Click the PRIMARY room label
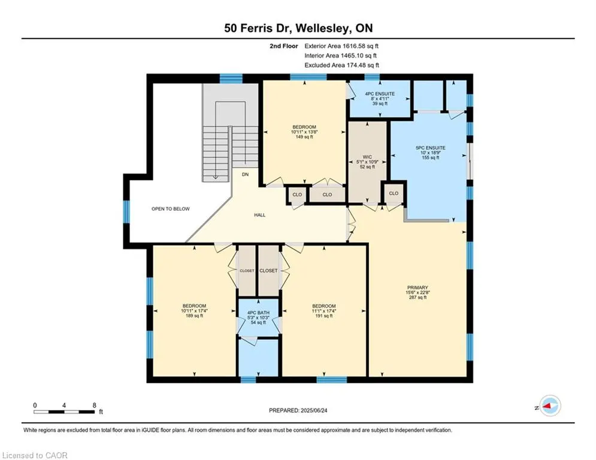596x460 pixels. click(x=417, y=287)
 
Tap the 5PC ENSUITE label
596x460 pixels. click(x=430, y=148)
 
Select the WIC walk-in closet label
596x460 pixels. click(x=367, y=157)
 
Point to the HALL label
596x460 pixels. click(x=259, y=215)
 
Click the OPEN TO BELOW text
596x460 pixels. click(x=170, y=208)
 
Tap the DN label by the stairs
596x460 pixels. click(x=245, y=174)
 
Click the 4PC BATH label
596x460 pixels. click(x=258, y=313)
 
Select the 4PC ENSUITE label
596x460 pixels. click(x=380, y=94)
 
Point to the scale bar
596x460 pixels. click(x=64, y=411)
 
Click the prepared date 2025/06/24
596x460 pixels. click(x=314, y=410)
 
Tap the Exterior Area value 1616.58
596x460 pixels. click(x=355, y=46)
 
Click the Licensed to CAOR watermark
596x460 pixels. click(x=35, y=455)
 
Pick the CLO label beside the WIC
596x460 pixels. click(x=394, y=193)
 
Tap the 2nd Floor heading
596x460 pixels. click(x=284, y=46)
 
